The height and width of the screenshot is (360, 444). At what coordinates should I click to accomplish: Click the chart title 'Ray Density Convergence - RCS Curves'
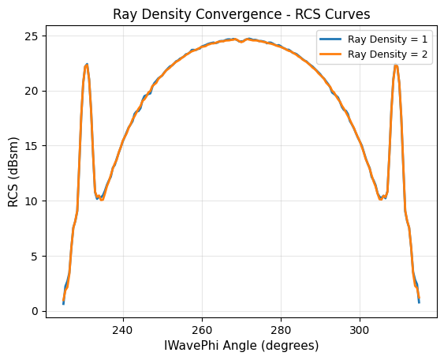pos(241,15)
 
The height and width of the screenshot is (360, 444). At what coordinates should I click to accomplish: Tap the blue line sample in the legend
pos(330,38)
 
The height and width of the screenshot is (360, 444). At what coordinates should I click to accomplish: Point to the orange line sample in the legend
pos(330,54)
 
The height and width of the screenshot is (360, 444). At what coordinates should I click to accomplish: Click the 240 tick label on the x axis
pos(123,330)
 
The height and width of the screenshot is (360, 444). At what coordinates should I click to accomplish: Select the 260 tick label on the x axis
pos(202,330)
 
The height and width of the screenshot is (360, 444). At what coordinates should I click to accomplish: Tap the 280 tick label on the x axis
pos(281,330)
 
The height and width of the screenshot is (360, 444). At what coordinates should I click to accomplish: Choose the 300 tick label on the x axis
pos(360,330)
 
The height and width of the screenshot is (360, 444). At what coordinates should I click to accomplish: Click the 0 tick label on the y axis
pos(35,311)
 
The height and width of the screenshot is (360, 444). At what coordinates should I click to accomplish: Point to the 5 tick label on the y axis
pos(35,256)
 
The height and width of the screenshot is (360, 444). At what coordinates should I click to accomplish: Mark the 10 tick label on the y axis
pos(32,201)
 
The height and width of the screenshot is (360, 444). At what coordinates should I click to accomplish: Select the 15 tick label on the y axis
pos(32,146)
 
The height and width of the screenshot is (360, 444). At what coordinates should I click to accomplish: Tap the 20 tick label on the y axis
pos(32,91)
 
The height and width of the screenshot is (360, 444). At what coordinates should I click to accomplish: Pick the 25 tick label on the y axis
pos(32,36)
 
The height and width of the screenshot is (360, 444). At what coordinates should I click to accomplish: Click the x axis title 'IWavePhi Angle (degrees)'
pos(241,346)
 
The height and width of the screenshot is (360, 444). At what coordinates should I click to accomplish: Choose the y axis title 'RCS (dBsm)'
pos(13,168)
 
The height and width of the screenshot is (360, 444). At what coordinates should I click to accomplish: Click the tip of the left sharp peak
pos(87,65)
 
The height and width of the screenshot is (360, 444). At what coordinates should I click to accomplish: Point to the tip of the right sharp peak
pos(396,65)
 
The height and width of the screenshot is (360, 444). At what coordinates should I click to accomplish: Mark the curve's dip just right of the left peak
pos(101,199)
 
